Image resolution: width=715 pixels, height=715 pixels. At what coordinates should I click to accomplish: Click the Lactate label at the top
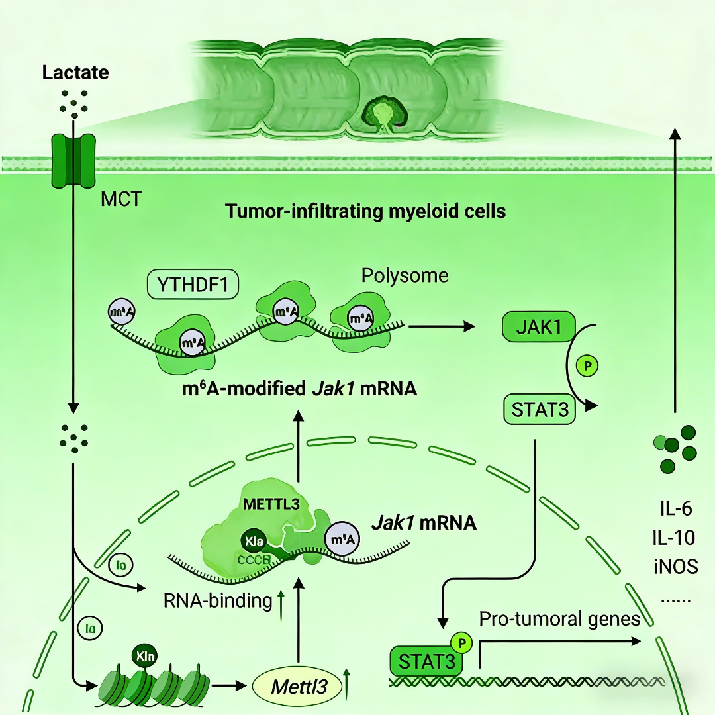(75, 72)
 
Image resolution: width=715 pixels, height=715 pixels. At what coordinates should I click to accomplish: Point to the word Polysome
(405, 275)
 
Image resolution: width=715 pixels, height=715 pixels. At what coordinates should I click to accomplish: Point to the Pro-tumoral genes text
(559, 619)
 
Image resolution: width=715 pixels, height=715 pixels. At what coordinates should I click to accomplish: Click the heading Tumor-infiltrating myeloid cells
(365, 212)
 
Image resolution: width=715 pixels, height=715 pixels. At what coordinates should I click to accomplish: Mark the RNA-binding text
(218, 601)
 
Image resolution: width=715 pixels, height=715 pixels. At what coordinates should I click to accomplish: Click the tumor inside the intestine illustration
(381, 111)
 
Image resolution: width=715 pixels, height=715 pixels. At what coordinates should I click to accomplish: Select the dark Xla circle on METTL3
(252, 541)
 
